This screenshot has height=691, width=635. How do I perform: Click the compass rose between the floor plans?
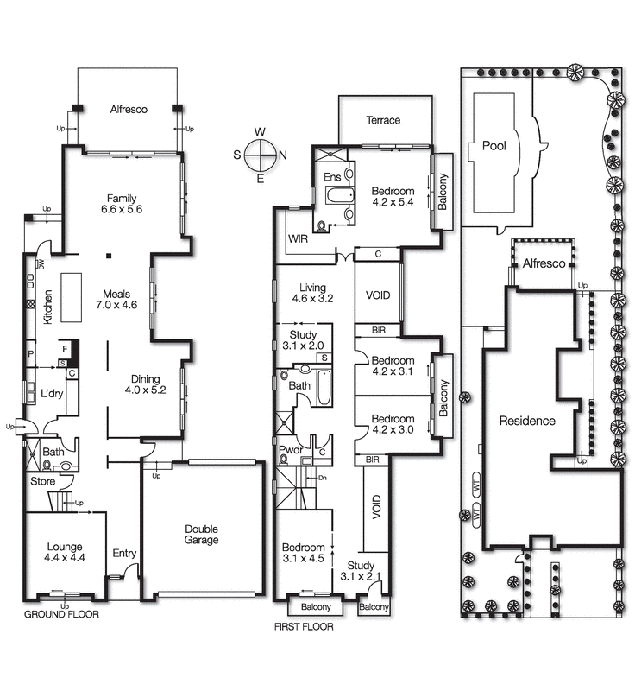pyautogui.click(x=259, y=155)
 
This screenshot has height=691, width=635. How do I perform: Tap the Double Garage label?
pyautogui.click(x=201, y=535)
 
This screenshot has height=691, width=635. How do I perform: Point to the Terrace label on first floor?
pyautogui.click(x=383, y=120)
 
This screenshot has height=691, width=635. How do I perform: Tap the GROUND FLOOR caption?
pyautogui.click(x=61, y=615)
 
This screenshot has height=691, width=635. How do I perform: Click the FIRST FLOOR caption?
pyautogui.click(x=304, y=627)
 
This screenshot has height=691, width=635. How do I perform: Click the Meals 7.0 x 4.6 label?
pyautogui.click(x=116, y=299)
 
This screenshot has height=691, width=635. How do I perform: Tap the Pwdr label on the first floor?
pyautogui.click(x=290, y=449)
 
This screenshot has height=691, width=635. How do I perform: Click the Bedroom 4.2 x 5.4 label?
pyautogui.click(x=393, y=197)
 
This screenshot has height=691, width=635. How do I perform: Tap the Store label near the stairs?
pyautogui.click(x=42, y=481)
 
